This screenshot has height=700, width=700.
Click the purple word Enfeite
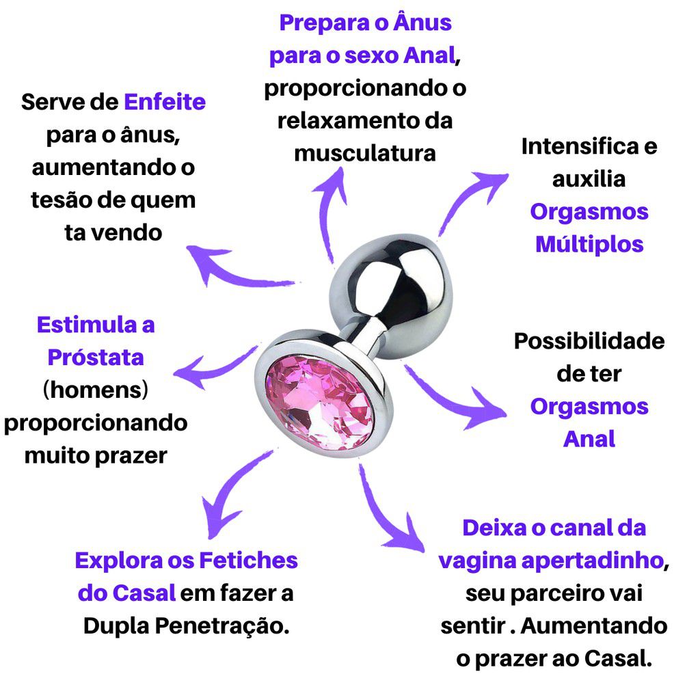(x=165, y=102)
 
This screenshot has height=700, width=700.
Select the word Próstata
(x=96, y=357)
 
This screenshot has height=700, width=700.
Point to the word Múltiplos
(x=589, y=244)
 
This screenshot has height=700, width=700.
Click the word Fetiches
(x=248, y=561)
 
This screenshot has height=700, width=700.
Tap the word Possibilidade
(x=589, y=341)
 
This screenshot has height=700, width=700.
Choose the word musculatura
(x=365, y=153)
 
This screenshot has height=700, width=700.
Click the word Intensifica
(x=580, y=146)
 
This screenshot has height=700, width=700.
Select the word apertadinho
(x=593, y=561)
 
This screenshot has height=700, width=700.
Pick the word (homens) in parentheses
(x=96, y=390)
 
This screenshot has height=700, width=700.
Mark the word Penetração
(x=222, y=626)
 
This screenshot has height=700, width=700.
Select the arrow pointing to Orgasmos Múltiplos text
(x=469, y=196)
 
